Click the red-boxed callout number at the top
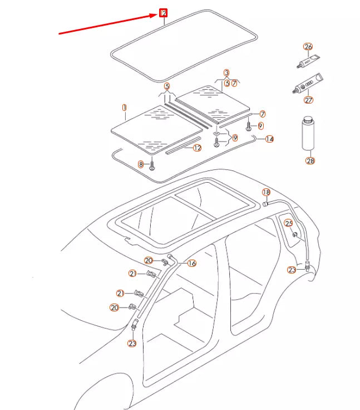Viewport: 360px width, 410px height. [164, 13]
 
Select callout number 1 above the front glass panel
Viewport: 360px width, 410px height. [125, 106]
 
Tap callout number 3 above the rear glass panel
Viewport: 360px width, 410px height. [226, 73]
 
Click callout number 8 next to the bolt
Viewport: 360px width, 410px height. [141, 164]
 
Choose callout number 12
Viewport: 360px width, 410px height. [197, 148]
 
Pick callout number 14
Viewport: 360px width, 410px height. [269, 139]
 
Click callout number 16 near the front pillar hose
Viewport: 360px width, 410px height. [192, 263]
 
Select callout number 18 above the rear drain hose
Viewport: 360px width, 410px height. [266, 193]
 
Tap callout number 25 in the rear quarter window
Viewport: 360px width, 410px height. [288, 223]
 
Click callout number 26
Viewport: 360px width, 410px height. [308, 47]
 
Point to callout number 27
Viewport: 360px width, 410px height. [308, 100]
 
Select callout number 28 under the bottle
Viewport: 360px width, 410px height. [310, 161]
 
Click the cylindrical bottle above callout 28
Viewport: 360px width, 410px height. [309, 133]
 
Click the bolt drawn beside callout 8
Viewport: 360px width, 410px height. [152, 165]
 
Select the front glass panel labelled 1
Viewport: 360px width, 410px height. [156, 129]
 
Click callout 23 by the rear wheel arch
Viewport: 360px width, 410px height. [292, 270]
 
